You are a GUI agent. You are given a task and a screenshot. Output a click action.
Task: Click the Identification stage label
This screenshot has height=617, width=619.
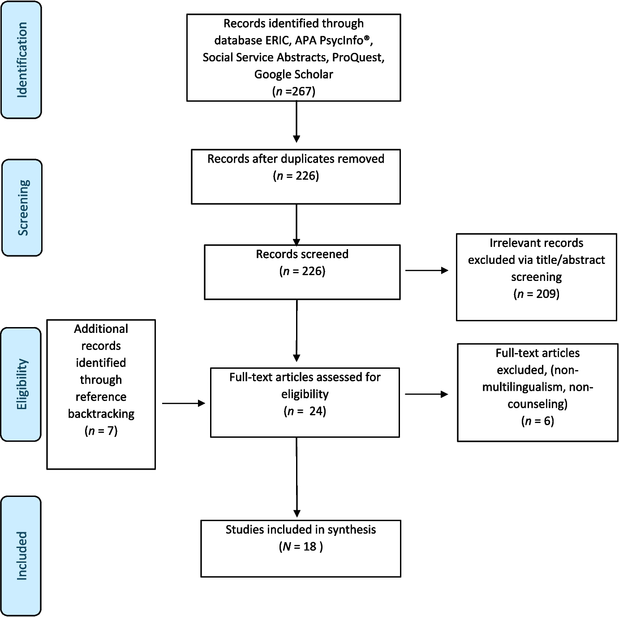pos(21,60)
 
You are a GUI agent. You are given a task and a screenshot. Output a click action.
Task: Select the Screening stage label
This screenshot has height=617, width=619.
pos(22,207)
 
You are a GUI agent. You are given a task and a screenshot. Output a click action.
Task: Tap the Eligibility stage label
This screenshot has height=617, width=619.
pos(21,384)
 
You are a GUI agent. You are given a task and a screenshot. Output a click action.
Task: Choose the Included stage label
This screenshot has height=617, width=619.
pos(21,556)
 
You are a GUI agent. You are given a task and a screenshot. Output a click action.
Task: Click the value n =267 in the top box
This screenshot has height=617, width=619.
pos(294,91)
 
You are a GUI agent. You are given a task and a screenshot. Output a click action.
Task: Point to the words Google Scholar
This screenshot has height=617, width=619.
pos(294,74)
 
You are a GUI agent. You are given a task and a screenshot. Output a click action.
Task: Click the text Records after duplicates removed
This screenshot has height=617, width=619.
pos(296,159)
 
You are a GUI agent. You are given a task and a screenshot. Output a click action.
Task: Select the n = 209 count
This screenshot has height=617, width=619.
pos(536,294)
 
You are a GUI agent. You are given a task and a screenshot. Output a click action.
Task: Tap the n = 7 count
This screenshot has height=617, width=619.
pos(101,431)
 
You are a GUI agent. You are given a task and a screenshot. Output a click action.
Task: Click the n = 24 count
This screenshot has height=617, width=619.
pos(305,411)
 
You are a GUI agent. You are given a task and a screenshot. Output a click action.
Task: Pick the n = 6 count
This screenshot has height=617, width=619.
pos(537,421)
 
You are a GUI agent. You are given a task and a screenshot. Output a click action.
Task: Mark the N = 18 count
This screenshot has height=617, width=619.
pos(301,547)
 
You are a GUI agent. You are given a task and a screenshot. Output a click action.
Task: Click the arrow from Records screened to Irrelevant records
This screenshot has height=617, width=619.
pos(426,270)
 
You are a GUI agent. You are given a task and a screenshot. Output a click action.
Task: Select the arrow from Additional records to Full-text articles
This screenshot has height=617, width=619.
pos(183,403)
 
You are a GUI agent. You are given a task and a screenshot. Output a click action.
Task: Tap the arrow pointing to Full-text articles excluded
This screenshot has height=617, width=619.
pos(426,394)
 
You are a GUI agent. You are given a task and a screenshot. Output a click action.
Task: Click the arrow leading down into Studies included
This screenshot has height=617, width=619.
pos(297,477)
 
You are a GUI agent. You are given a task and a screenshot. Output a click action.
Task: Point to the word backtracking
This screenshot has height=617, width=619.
pos(101,414)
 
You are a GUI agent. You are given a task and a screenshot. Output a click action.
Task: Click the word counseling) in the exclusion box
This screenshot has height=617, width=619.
pos(537,404)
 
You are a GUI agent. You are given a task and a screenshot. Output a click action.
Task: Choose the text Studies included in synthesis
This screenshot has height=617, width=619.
pos(301,530)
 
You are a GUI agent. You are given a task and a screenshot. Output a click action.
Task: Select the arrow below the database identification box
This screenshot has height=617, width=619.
pos(296,121)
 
